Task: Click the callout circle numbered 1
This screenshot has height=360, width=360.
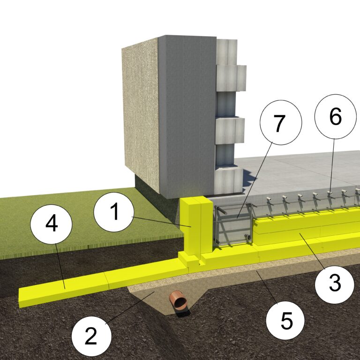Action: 113,212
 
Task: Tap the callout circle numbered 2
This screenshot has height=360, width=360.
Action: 91,336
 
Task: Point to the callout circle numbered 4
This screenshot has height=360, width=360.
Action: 52,224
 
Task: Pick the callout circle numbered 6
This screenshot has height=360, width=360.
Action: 335,117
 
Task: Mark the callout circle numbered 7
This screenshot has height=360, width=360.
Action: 281,122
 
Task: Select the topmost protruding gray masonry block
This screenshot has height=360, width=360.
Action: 227,52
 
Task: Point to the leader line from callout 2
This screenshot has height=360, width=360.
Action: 130,308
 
